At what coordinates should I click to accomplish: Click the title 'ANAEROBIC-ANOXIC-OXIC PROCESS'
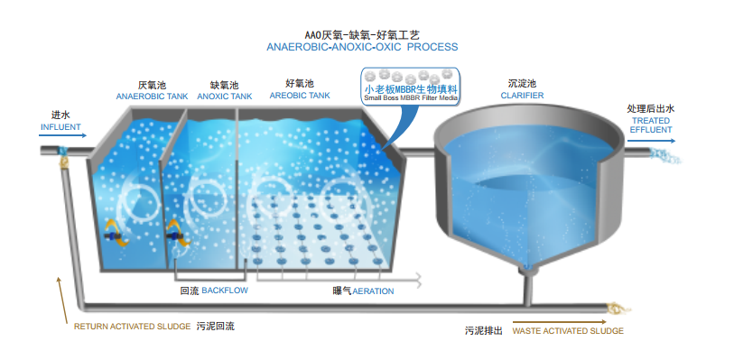[362, 46]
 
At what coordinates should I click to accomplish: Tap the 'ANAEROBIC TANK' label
[150, 97]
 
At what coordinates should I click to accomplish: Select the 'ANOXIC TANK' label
[224, 97]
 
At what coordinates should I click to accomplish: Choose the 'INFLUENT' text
[60, 126]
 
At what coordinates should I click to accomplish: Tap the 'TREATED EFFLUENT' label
[650, 125]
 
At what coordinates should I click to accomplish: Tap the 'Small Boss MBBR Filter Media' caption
[410, 97]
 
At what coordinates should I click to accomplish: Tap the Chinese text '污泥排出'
[482, 331]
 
